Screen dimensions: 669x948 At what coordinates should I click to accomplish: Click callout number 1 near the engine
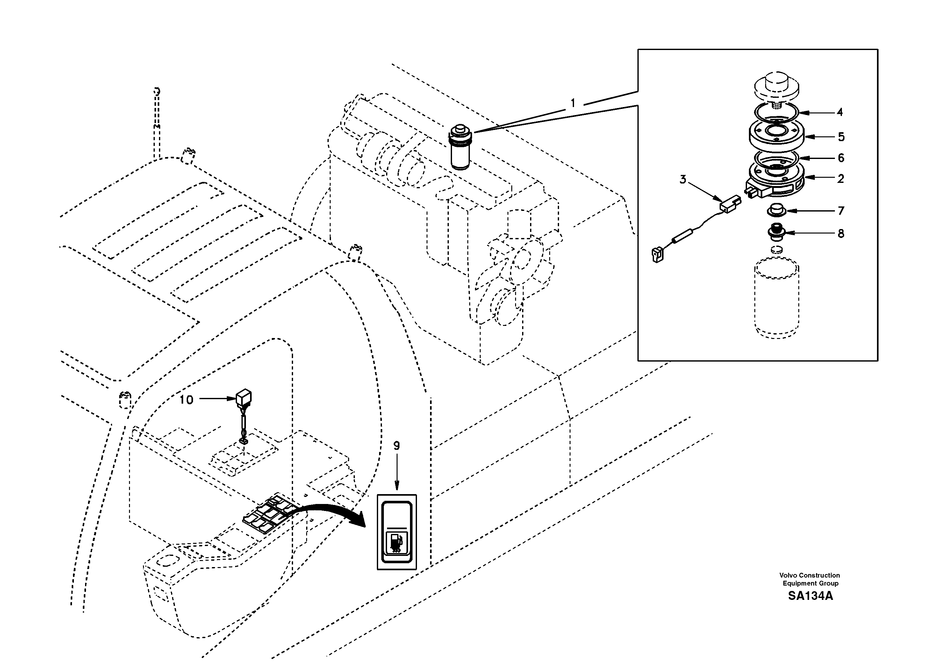[x=573, y=103]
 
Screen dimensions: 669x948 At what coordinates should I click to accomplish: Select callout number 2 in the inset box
[x=841, y=179]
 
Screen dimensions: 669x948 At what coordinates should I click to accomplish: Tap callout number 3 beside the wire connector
[x=683, y=180]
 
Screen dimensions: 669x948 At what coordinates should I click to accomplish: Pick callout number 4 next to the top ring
[x=839, y=112]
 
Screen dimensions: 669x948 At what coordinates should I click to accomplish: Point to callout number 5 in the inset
[x=841, y=137]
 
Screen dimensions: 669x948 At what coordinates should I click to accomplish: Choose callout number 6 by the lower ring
[x=841, y=158]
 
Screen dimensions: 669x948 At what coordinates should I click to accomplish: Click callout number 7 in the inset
[x=841, y=211]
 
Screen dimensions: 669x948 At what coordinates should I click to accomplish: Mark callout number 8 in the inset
[x=841, y=234]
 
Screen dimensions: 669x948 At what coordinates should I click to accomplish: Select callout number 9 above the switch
[x=396, y=446]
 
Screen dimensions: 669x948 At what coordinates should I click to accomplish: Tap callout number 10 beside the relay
[x=186, y=400]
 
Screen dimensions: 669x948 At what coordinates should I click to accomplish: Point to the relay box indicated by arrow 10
[x=244, y=397]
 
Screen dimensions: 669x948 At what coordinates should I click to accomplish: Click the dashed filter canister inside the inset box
[x=776, y=297]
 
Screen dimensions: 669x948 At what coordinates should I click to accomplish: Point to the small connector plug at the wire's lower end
[x=657, y=255]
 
